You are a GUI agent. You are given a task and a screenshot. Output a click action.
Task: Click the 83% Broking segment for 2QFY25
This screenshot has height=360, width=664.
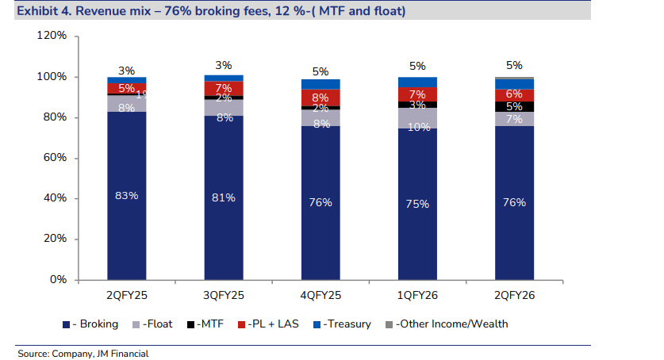126,195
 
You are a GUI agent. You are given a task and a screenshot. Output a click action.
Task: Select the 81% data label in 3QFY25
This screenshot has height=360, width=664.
224,197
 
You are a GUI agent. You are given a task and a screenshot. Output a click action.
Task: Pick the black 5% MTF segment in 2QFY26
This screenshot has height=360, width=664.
514,106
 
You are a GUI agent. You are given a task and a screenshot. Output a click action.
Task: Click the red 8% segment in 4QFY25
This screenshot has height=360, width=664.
320,98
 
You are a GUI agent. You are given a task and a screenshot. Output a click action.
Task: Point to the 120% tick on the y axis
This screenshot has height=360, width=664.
50,36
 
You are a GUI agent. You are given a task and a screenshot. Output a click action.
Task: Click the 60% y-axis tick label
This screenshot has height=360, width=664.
53,158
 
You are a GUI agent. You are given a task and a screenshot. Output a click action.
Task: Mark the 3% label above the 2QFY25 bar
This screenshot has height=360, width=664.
126,70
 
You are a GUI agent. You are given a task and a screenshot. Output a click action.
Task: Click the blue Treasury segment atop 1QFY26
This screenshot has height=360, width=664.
417,82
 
